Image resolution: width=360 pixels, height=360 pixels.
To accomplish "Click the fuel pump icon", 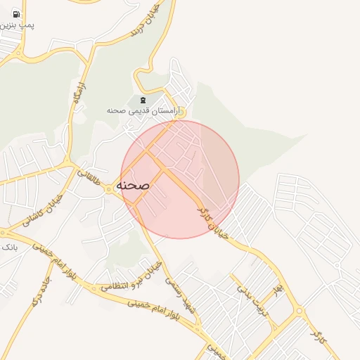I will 16,14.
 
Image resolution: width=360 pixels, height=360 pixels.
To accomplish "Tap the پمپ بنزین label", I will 18,25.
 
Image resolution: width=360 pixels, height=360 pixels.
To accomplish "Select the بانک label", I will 9,248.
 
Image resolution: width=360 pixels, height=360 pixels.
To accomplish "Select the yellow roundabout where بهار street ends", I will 300,310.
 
